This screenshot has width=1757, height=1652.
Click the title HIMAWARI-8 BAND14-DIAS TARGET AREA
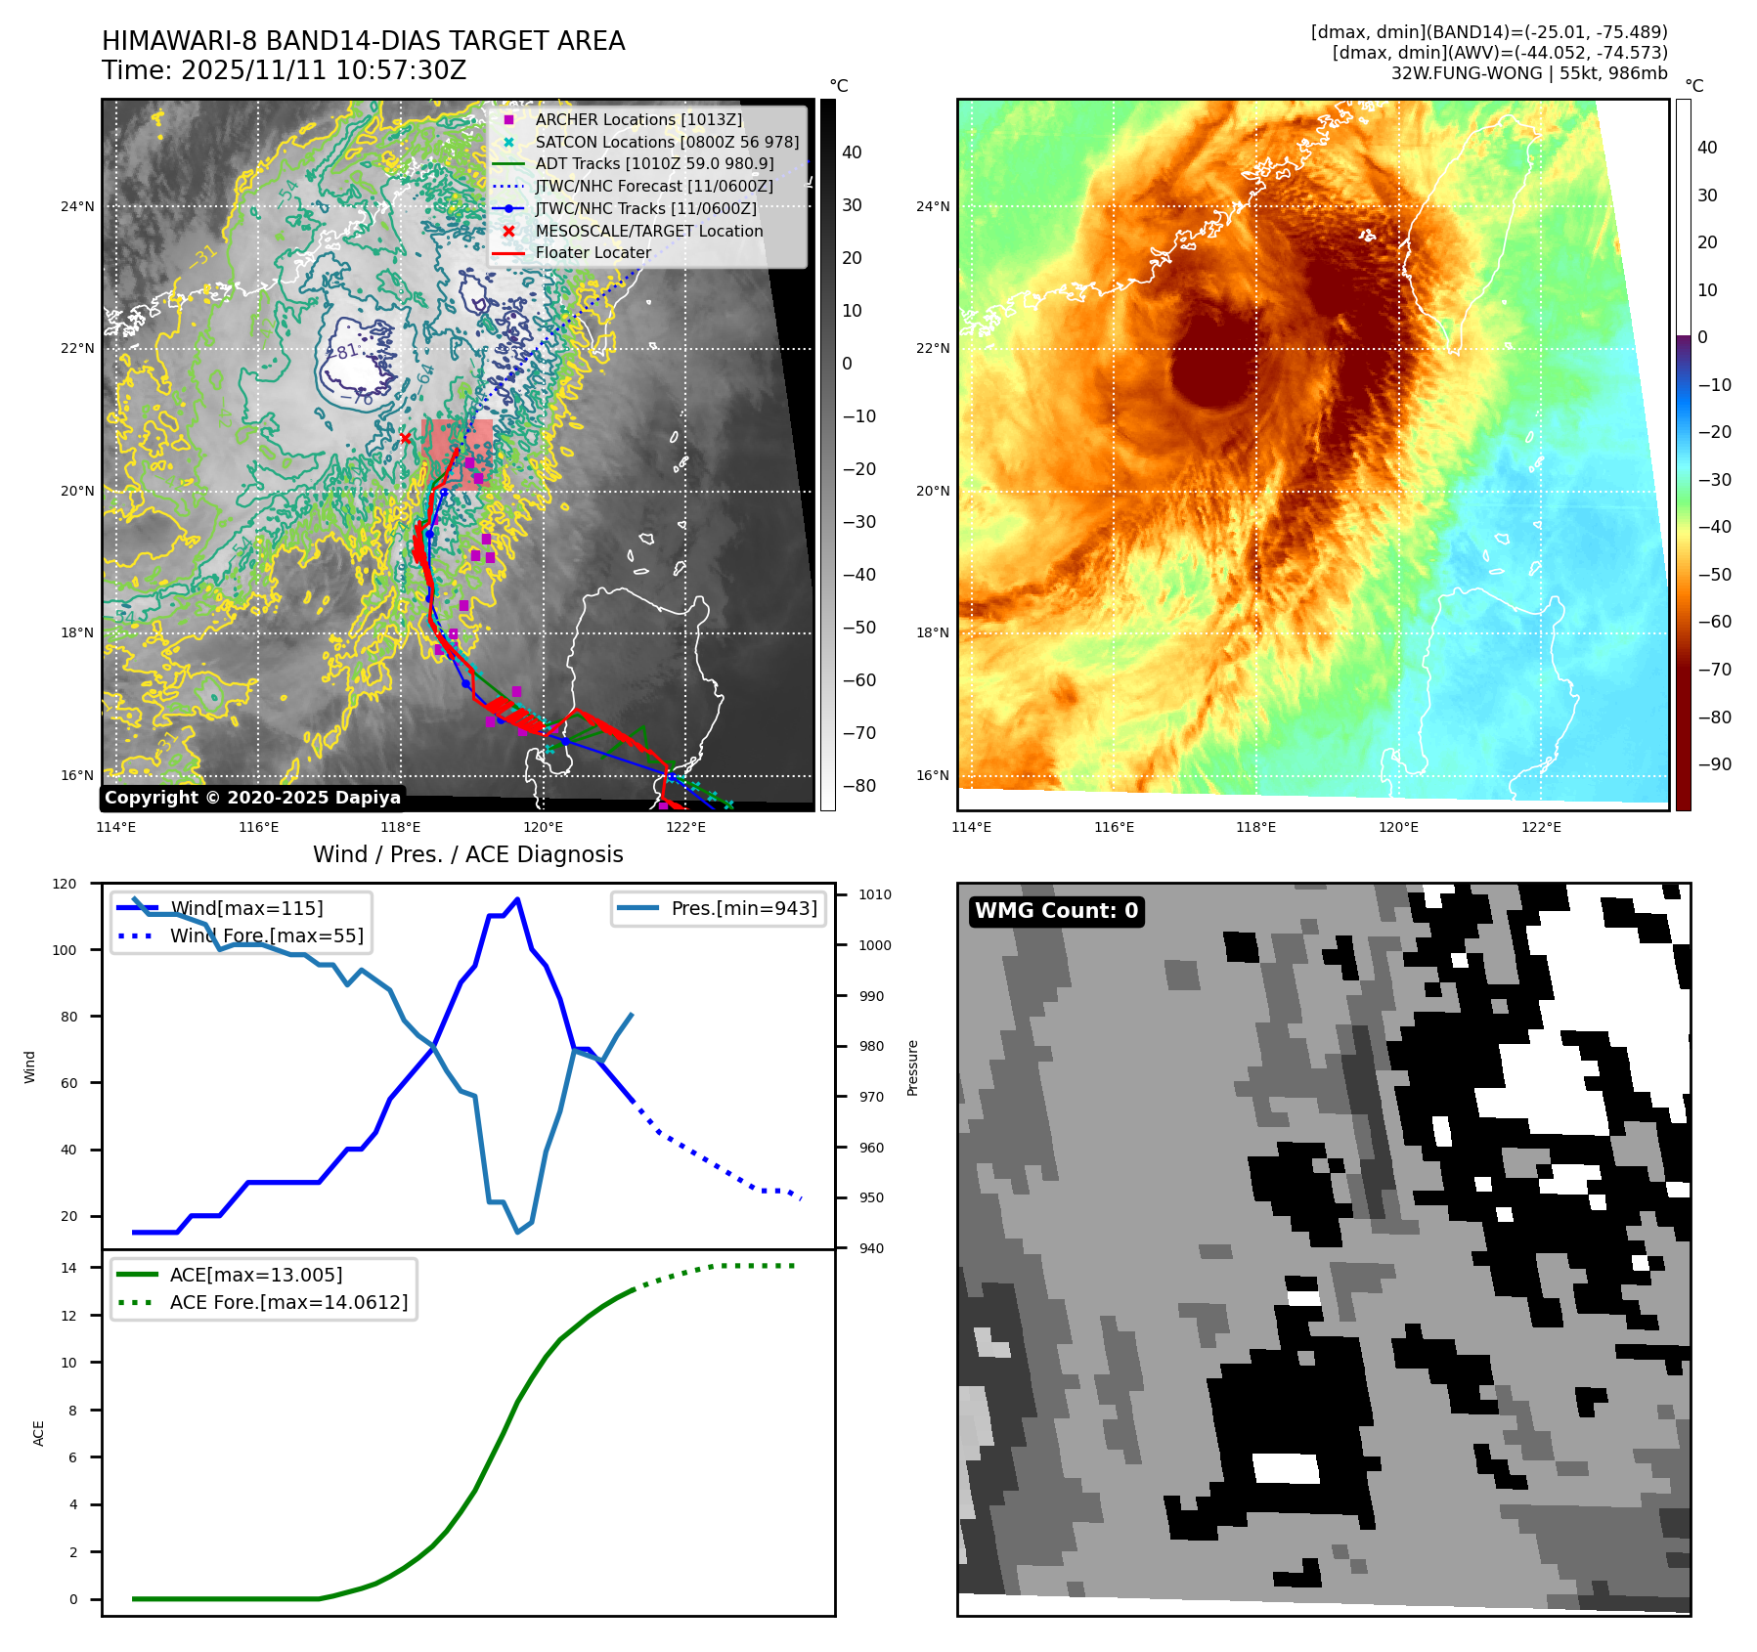click(x=363, y=41)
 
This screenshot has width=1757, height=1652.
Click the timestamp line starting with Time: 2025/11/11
click(x=284, y=71)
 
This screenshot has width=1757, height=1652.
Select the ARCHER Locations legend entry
click(x=637, y=119)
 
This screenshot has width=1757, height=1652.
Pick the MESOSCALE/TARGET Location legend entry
click(x=648, y=231)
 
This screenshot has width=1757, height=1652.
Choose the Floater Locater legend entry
click(x=593, y=252)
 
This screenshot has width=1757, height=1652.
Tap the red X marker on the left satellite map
click(x=406, y=438)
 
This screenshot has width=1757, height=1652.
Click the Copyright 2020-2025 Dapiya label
click(x=252, y=798)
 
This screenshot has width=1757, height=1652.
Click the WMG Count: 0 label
click(x=1056, y=911)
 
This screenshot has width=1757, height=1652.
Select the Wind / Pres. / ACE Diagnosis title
click(x=467, y=854)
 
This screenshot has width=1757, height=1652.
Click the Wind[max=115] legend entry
click(x=246, y=908)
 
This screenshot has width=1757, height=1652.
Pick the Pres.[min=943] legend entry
click(x=743, y=908)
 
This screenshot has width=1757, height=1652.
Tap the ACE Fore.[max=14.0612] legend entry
click(x=288, y=1302)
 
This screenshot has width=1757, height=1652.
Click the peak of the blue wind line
click(x=517, y=898)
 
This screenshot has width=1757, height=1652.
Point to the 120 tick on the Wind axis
click(x=65, y=884)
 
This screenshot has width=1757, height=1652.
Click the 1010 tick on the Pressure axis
click(x=875, y=894)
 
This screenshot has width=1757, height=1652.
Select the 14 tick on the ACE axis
click(x=69, y=1268)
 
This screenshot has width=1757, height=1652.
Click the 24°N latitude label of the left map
click(x=77, y=206)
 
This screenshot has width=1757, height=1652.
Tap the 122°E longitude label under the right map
click(x=1541, y=827)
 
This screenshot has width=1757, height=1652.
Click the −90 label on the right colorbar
click(x=1714, y=764)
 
